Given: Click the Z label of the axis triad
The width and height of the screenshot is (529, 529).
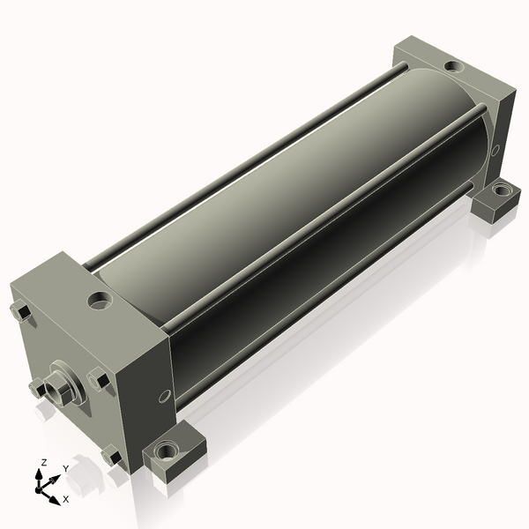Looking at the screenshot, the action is pos(43,463).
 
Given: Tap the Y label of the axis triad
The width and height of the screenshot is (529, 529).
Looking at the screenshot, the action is pos(66,469).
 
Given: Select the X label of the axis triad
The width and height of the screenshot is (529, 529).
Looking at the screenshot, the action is pos(66,499).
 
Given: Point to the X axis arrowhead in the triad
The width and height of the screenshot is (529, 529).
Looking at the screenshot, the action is pos(54,499).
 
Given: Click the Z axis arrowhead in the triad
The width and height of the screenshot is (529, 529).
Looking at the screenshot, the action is pos(40,474).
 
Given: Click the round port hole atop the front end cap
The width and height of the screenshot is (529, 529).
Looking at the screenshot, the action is pos(101,301).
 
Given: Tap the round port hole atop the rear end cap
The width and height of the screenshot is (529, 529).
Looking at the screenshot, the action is pos(454,66).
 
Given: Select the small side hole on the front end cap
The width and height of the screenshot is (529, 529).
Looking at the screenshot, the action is pos(165,396).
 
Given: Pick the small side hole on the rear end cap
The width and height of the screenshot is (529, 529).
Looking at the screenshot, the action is pos(495,150).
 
